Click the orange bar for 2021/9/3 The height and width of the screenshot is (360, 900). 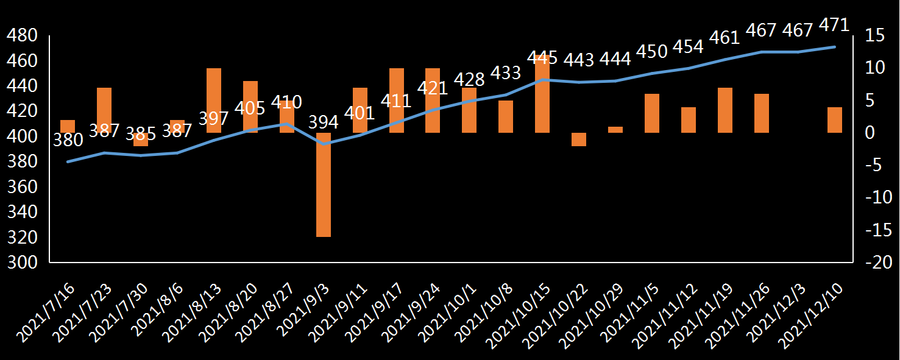point(323,185)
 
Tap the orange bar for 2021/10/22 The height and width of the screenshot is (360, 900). point(579,139)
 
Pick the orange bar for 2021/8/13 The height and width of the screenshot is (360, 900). point(214,101)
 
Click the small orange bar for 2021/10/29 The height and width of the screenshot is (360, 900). point(615,130)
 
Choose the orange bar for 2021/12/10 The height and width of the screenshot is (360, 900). point(835,120)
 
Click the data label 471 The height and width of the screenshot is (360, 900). point(835,26)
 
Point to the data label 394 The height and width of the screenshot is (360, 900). point(324,122)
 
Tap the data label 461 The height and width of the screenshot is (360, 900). point(725,38)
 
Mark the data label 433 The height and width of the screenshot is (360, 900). point(506,73)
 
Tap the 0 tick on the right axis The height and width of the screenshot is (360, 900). point(871,133)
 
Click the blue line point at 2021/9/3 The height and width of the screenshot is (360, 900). point(324,144)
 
